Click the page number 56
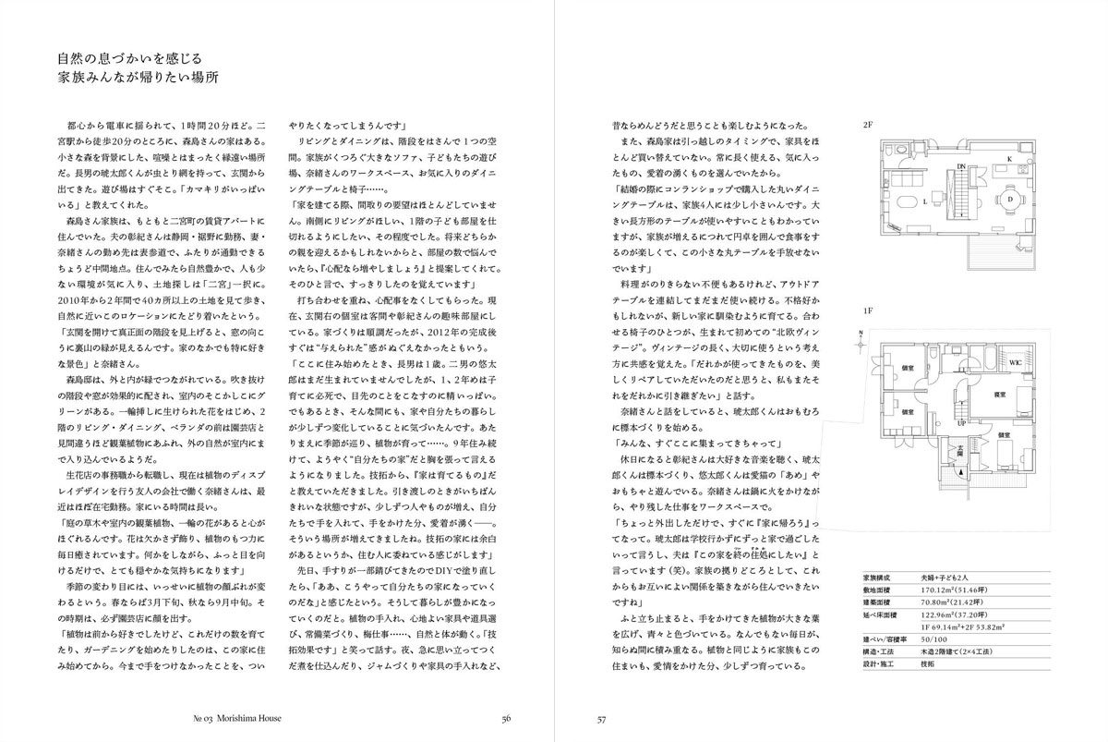506,721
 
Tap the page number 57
601,721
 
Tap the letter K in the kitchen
1010,159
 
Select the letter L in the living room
926,200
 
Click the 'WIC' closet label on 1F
1015,360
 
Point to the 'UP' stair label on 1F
961,420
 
